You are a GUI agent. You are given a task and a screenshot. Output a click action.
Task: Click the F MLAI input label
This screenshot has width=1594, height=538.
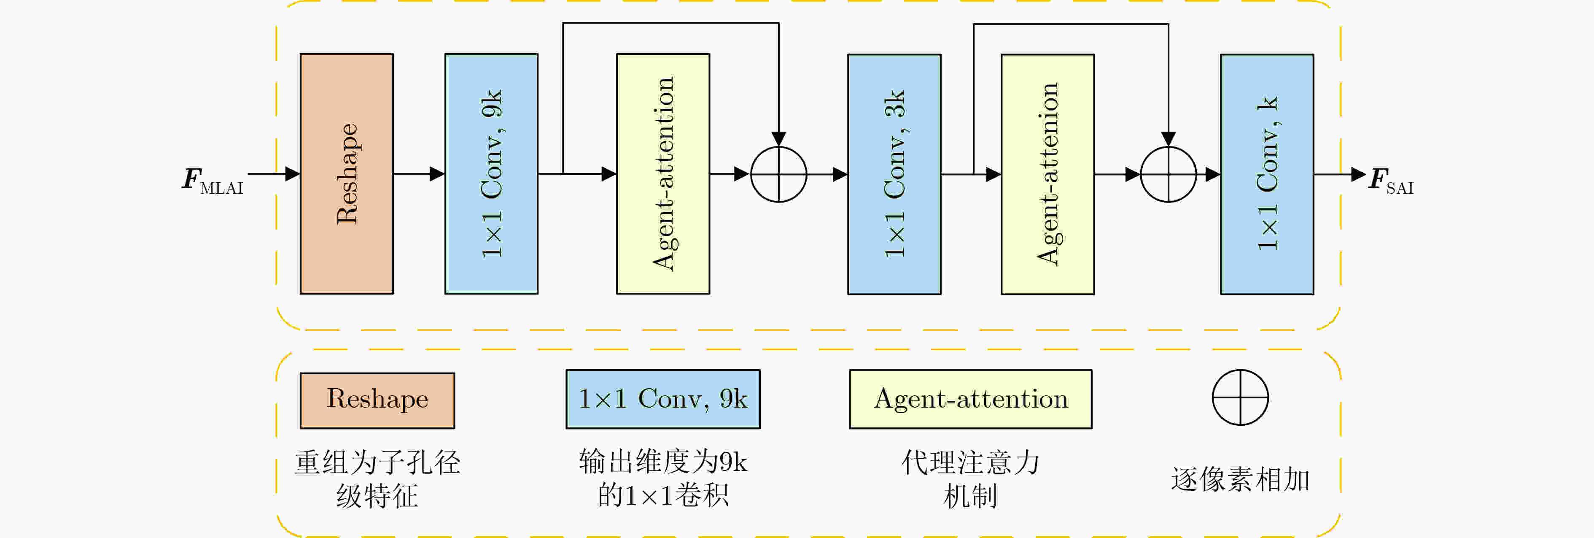(x=212, y=181)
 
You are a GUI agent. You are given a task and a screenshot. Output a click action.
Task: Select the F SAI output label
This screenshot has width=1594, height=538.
(x=1391, y=181)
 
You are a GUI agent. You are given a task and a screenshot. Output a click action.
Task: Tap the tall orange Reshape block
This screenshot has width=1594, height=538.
(x=347, y=174)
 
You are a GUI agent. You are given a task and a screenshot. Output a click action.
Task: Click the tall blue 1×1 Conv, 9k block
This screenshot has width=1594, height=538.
(x=491, y=174)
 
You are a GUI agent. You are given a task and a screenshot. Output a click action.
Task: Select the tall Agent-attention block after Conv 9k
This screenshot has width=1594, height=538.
(x=663, y=174)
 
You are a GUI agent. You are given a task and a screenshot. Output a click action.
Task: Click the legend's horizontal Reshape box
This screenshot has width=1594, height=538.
(x=377, y=400)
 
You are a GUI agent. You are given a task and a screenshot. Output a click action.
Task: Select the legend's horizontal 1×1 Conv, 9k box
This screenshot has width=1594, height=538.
(x=663, y=399)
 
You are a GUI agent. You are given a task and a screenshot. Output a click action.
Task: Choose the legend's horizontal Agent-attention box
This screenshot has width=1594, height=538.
(x=970, y=399)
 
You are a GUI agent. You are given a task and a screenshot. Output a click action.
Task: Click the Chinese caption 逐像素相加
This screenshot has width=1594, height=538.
(x=1240, y=480)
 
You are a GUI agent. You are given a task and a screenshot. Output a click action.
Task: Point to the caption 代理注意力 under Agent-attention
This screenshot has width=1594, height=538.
(x=970, y=462)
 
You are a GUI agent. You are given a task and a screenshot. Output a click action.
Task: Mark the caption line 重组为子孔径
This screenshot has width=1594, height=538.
(x=377, y=462)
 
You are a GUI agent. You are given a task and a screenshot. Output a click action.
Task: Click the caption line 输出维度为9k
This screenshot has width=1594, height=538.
(x=663, y=462)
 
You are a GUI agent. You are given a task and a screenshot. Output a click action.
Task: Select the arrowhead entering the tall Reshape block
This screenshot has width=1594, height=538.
(x=293, y=174)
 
